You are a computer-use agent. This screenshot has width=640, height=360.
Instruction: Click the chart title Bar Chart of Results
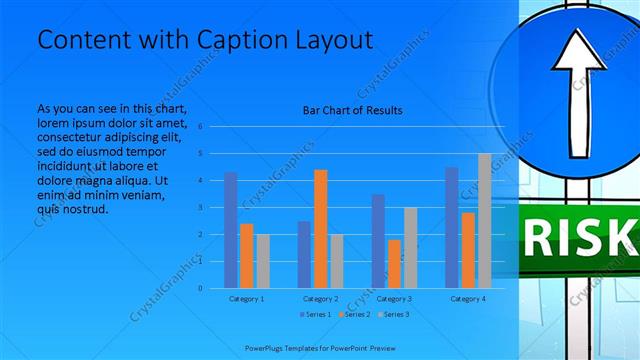coord(352,110)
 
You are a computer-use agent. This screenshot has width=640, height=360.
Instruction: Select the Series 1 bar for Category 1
coord(231,230)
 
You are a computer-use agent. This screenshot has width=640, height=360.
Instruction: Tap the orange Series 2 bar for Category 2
coord(320,229)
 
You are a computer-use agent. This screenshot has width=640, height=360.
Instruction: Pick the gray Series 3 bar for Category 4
coord(484,221)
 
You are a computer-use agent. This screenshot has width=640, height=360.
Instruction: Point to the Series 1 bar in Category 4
coord(452,228)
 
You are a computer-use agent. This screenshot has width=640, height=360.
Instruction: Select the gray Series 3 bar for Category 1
coord(263,261)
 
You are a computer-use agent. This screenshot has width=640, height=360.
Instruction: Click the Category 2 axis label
coord(320,299)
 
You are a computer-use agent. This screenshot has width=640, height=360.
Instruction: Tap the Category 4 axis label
coord(468,299)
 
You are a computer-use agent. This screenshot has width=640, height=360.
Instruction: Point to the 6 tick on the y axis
coord(201,127)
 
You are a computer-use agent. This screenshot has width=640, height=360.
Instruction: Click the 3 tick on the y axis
coord(201,207)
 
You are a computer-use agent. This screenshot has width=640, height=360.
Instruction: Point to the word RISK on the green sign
coord(580,240)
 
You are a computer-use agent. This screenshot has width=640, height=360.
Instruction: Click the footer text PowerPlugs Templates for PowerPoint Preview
coord(320,347)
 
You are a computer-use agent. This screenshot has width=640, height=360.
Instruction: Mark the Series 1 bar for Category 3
coord(378,241)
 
